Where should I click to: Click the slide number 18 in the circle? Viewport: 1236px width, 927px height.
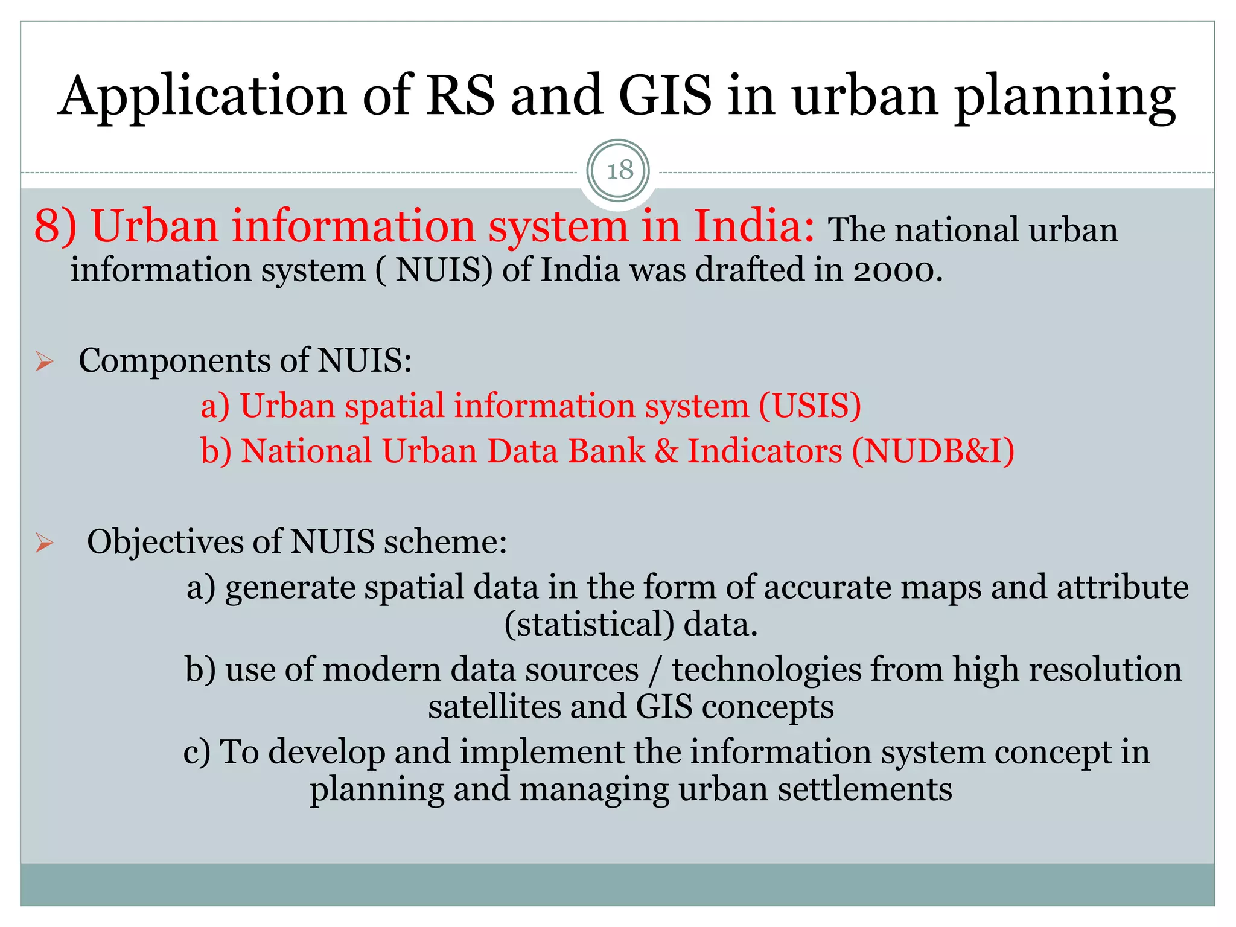pyautogui.click(x=619, y=171)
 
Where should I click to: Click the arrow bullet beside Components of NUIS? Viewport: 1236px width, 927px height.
pyautogui.click(x=45, y=362)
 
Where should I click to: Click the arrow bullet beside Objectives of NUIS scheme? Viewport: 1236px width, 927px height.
pyautogui.click(x=45, y=543)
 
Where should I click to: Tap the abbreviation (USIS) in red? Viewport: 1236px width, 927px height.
pyautogui.click(x=809, y=406)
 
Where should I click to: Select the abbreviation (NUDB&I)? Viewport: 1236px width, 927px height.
pyautogui.click(x=933, y=451)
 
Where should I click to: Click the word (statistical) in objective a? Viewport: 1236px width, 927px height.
pyautogui.click(x=589, y=625)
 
